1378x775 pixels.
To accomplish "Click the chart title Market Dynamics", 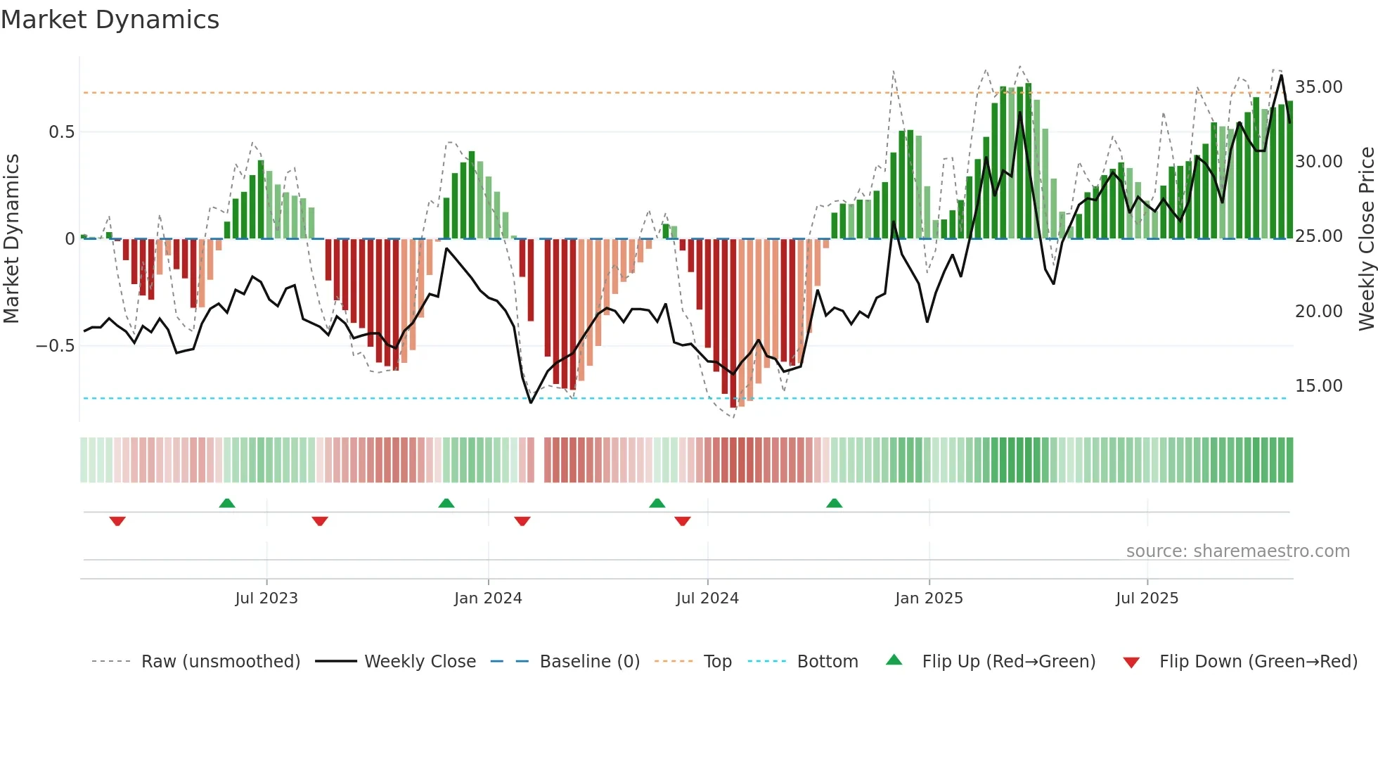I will (x=110, y=20).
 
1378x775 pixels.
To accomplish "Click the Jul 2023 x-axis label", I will (x=266, y=598).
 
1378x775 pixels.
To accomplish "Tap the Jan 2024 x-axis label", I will (x=488, y=598).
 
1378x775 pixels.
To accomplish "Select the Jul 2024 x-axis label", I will (x=707, y=598).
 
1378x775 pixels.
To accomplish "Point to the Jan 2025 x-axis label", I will (x=929, y=598).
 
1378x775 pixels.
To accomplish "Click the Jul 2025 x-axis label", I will (x=1147, y=598).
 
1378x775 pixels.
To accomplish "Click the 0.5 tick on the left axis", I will (x=61, y=132).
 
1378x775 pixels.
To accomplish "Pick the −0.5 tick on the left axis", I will (x=55, y=346).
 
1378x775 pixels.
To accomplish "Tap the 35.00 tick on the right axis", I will (x=1318, y=87).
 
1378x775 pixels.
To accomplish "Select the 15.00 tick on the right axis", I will (x=1318, y=386).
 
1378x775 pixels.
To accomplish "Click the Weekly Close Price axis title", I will (x=1366, y=239).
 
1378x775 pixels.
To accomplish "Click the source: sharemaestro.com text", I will (x=1237, y=551).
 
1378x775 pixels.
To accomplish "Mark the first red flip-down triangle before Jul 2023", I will (x=117, y=521).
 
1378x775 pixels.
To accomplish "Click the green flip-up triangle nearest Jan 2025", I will (x=834, y=504).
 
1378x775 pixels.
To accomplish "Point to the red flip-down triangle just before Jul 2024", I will (x=682, y=521).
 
